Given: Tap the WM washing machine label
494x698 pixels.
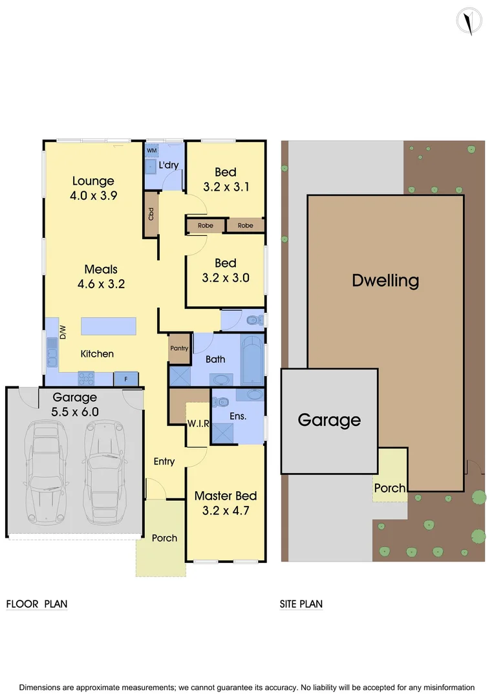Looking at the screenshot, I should pyautogui.click(x=152, y=151).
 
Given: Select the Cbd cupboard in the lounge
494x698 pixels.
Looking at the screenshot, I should pyautogui.click(x=151, y=214).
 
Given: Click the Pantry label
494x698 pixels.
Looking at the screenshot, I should pyautogui.click(x=179, y=348).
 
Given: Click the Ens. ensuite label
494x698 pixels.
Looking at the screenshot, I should pyautogui.click(x=238, y=416).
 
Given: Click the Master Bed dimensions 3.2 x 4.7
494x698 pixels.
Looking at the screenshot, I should pyautogui.click(x=226, y=511).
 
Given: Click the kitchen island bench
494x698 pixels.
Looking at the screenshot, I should pyautogui.click(x=109, y=326).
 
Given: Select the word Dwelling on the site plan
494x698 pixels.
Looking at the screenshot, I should pyautogui.click(x=385, y=280).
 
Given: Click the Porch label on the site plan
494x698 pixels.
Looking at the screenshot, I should pyautogui.click(x=390, y=488).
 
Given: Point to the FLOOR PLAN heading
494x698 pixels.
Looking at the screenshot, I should pyautogui.click(x=37, y=604).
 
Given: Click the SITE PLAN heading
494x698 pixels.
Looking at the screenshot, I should pyautogui.click(x=301, y=604).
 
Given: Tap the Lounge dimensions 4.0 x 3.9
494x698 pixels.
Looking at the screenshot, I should pyautogui.click(x=93, y=196).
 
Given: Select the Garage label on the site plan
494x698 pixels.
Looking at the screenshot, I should pyautogui.click(x=329, y=421).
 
